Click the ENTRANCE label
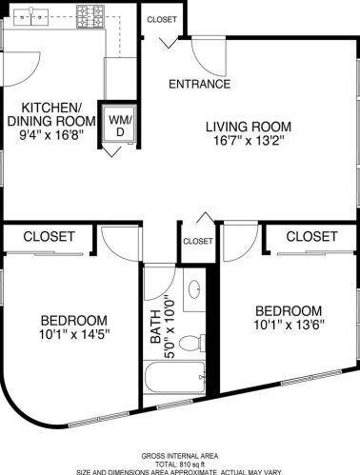[199, 84]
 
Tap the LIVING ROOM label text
[249, 127]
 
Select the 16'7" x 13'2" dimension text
[249, 140]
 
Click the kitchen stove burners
[90, 17]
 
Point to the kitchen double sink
[31, 17]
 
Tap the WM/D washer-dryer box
[120, 125]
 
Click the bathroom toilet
[192, 344]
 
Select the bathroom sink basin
[194, 289]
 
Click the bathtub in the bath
[174, 378]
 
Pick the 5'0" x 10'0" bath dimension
[170, 326]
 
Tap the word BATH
[155, 327]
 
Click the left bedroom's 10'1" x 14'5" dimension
[74, 334]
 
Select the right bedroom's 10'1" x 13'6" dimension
[289, 325]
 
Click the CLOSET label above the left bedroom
[49, 236]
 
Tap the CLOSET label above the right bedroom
[311, 236]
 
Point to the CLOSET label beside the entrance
[162, 20]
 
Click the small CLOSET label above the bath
[198, 241]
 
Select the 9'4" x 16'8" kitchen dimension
[51, 135]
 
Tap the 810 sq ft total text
[180, 465]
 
